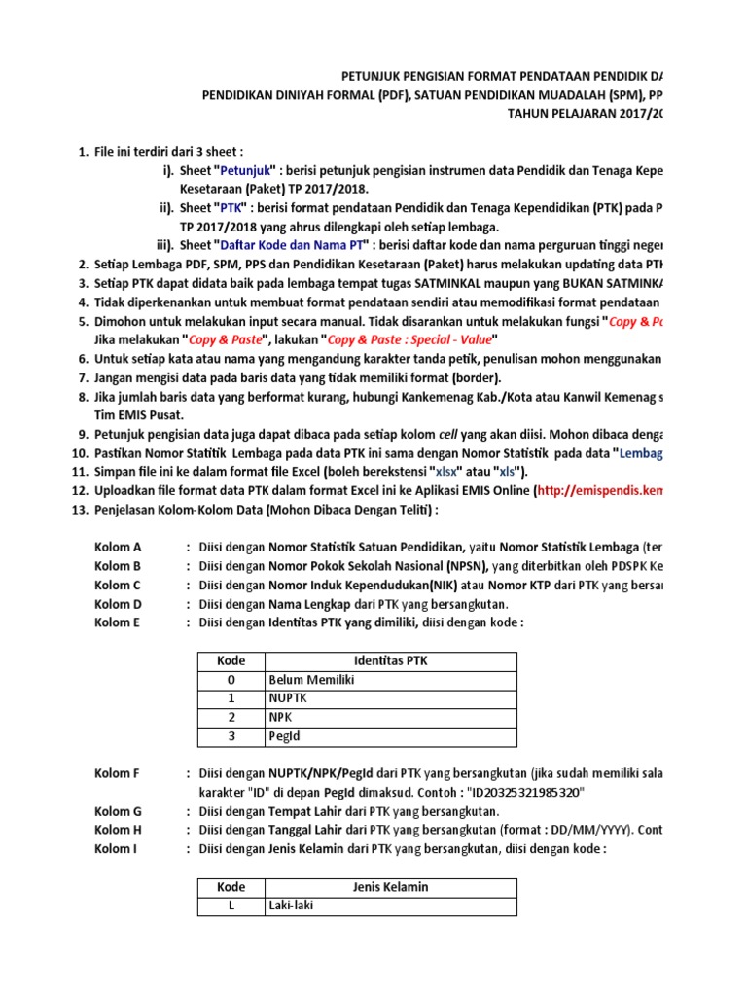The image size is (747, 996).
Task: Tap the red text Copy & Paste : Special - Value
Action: point(411,338)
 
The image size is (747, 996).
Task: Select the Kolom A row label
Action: point(118,548)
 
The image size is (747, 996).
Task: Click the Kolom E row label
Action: point(118,622)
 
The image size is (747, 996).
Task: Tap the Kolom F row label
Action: point(118,773)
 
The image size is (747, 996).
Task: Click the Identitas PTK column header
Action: point(390,661)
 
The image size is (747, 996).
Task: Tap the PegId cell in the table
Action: point(286,736)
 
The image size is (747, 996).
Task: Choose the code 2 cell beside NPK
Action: point(231,718)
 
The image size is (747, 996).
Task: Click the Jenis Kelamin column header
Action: point(390,887)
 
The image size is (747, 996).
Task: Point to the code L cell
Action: point(231,906)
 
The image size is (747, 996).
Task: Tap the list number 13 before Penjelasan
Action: point(80,510)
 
